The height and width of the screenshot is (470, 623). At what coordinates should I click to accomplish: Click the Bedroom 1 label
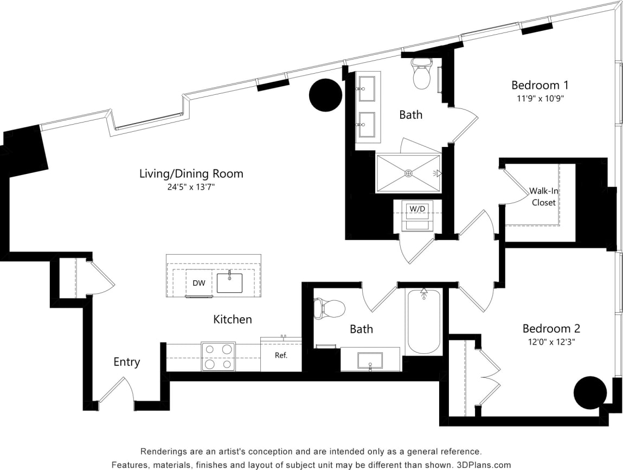click(x=539, y=85)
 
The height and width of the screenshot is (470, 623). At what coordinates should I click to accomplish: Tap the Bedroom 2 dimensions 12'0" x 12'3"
click(x=551, y=342)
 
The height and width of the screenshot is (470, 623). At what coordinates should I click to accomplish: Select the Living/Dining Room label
click(x=191, y=173)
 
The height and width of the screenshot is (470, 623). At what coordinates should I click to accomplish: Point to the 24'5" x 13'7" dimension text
click(x=191, y=187)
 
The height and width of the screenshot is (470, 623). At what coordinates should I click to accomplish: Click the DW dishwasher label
click(x=198, y=282)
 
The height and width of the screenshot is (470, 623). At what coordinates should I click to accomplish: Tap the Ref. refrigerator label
click(x=281, y=356)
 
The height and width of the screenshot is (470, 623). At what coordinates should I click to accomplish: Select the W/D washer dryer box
click(x=416, y=209)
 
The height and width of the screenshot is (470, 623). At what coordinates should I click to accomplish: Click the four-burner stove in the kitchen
click(x=218, y=356)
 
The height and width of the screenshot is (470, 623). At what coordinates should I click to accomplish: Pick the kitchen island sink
click(x=229, y=282)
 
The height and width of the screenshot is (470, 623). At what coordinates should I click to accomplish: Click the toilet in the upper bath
click(x=421, y=75)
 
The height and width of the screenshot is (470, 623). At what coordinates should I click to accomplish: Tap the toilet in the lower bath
click(x=330, y=308)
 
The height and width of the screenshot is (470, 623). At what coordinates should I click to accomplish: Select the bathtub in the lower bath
click(x=423, y=320)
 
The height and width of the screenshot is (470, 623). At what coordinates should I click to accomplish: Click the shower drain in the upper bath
click(x=408, y=173)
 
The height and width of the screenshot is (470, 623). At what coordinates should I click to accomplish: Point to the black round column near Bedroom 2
click(x=590, y=392)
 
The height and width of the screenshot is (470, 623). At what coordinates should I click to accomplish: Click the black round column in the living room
click(x=325, y=95)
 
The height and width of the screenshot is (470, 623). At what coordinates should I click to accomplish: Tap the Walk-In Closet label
click(x=543, y=197)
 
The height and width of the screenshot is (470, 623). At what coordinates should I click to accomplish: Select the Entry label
click(x=126, y=362)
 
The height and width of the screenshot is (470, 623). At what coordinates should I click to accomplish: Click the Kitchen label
click(x=232, y=319)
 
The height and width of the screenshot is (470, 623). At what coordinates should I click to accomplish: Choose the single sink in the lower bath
click(x=370, y=360)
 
